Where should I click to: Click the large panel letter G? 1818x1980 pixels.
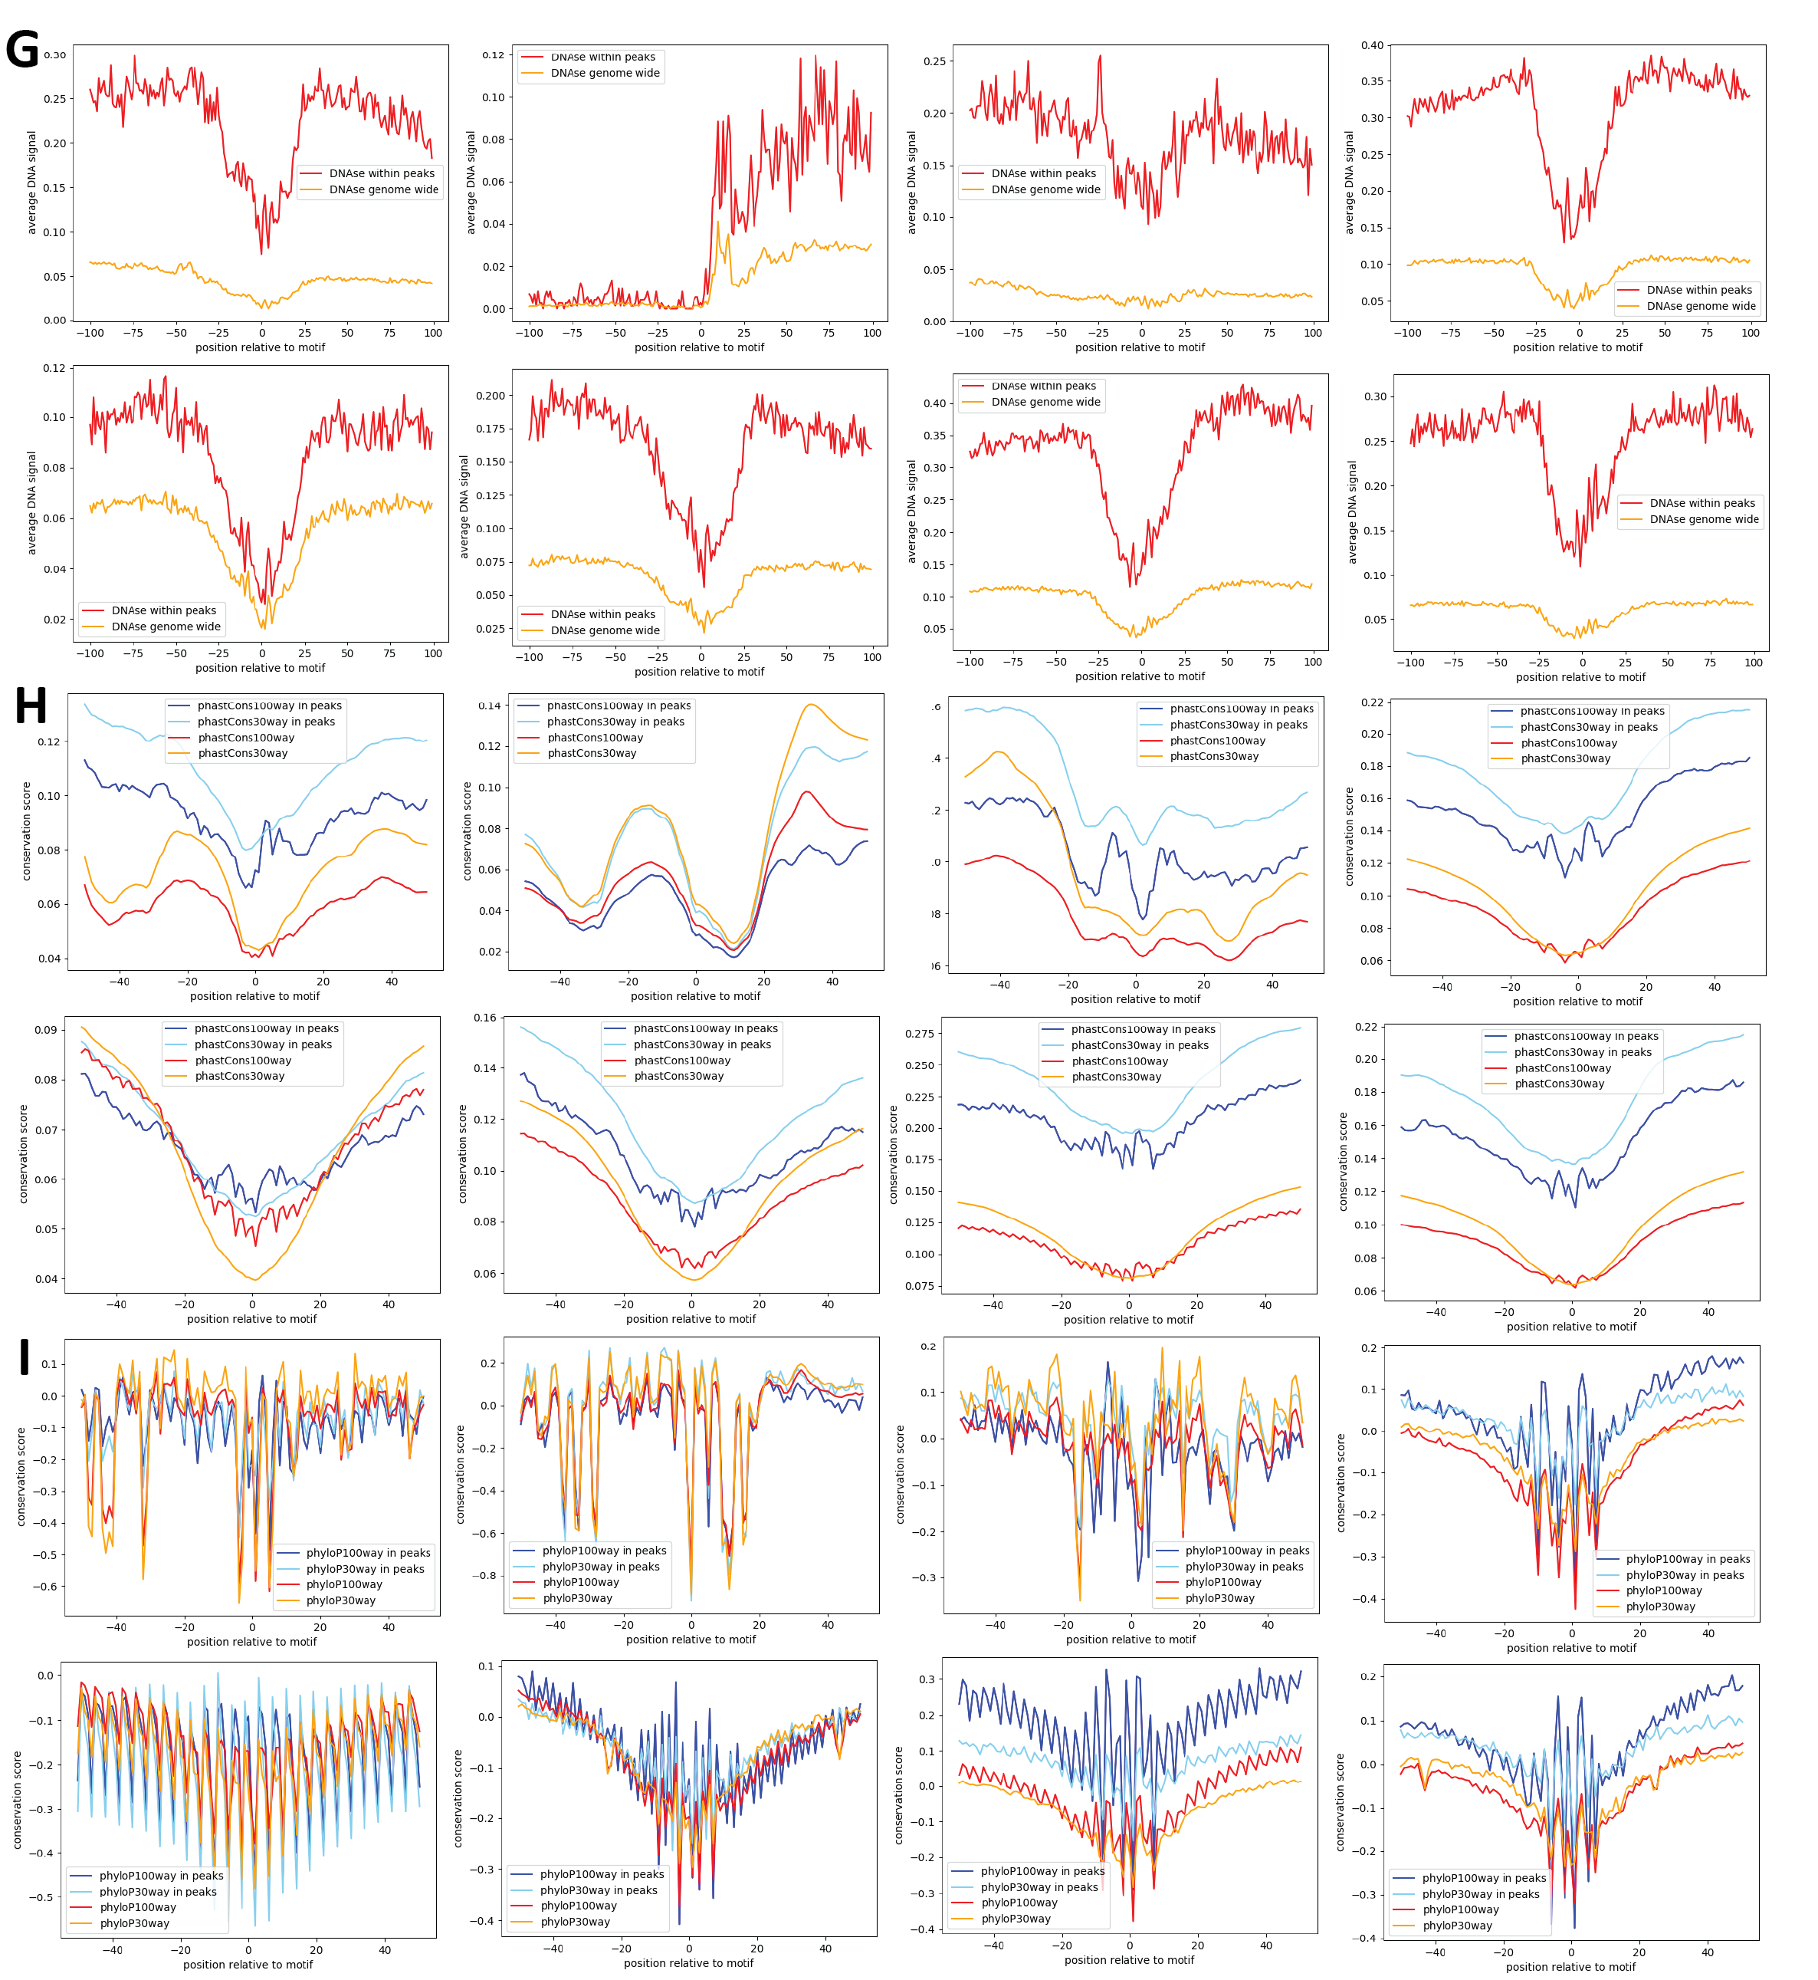[x=21, y=49]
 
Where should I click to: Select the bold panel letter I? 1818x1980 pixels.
[x=25, y=1356]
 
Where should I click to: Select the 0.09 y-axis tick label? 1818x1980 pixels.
[x=45, y=1031]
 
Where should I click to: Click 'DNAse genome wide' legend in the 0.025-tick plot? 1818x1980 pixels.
[x=605, y=631]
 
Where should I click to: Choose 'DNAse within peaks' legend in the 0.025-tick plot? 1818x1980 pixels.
[x=603, y=614]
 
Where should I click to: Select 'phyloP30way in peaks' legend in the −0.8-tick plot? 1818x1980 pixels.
[x=601, y=1567]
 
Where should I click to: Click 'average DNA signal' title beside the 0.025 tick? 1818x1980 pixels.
[x=464, y=507]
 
